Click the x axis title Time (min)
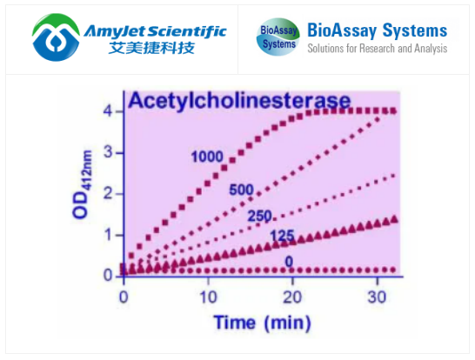pos(261,323)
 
